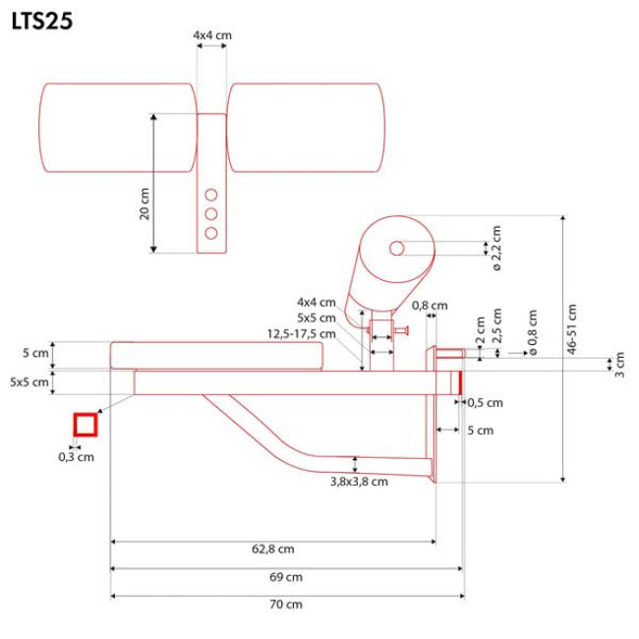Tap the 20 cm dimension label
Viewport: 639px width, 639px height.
[x=144, y=203]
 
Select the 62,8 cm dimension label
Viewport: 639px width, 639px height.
[x=272, y=549]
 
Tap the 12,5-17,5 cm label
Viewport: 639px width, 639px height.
[x=302, y=333]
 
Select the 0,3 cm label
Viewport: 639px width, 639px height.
[x=77, y=456]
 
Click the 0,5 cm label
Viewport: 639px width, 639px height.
[x=485, y=402]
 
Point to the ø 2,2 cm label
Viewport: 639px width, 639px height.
[x=496, y=248]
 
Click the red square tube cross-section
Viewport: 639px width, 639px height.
[x=86, y=424]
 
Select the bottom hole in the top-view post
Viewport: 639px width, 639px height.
[x=211, y=233]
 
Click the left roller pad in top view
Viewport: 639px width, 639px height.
[x=118, y=128]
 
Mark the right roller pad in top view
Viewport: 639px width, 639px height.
[x=306, y=128]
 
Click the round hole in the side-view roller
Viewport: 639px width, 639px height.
[x=396, y=249]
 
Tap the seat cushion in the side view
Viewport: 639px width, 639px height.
[x=217, y=354]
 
